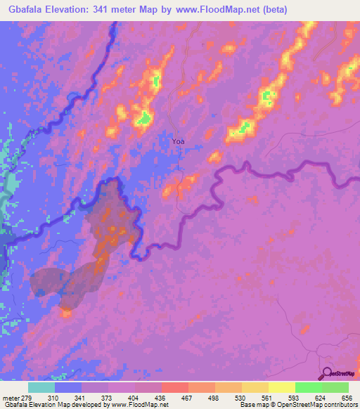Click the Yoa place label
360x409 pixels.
[179, 141]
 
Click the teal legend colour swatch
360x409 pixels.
[41, 388]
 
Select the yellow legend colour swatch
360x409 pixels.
[281, 388]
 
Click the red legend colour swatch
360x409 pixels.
[175, 388]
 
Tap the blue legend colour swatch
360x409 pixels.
[68, 388]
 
